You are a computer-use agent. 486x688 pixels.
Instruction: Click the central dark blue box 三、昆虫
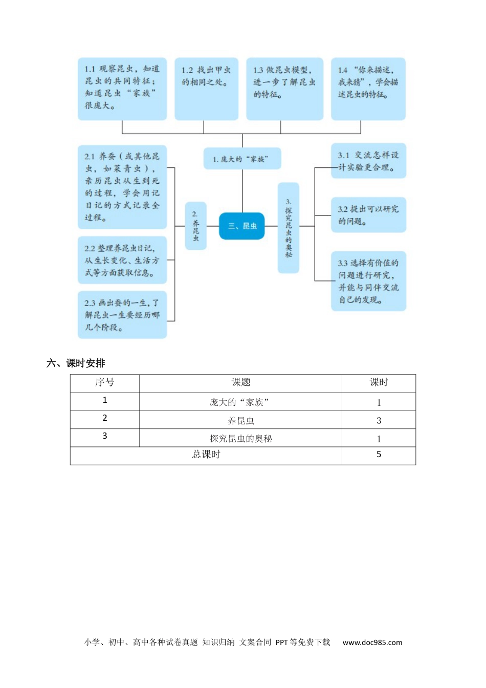pos(241,226)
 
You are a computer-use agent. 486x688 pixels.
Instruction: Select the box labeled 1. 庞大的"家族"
pos(242,159)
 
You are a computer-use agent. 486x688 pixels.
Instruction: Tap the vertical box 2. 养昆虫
pos(195,226)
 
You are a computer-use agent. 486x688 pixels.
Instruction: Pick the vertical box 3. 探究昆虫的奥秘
pos(288,228)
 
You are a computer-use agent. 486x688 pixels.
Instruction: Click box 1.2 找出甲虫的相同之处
pos(206,89)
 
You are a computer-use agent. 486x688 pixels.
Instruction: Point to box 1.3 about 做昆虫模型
pos(284,89)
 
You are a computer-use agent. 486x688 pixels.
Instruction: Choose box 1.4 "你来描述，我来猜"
pos(368,89)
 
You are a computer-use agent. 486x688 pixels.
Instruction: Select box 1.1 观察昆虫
pos(122,89)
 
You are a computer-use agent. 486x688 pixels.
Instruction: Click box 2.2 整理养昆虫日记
pos(122,260)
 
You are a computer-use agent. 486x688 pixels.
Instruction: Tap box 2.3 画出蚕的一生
pos(122,315)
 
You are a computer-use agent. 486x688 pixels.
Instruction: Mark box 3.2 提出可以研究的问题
pos(368,215)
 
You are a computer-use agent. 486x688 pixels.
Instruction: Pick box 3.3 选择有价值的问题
pos(368,281)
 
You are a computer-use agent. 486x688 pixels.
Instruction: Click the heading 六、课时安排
pos(76,363)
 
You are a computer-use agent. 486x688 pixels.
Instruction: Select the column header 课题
pos(240,382)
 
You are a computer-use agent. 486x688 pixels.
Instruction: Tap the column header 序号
pos(104,382)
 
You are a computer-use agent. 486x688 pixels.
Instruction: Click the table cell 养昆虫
pos(240,421)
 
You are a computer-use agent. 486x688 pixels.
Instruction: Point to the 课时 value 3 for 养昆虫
pos(379,421)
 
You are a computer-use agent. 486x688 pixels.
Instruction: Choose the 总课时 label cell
pos(206,455)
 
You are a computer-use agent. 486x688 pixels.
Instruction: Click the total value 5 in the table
pos(379,455)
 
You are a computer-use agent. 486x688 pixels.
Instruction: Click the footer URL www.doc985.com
pos(372,642)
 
